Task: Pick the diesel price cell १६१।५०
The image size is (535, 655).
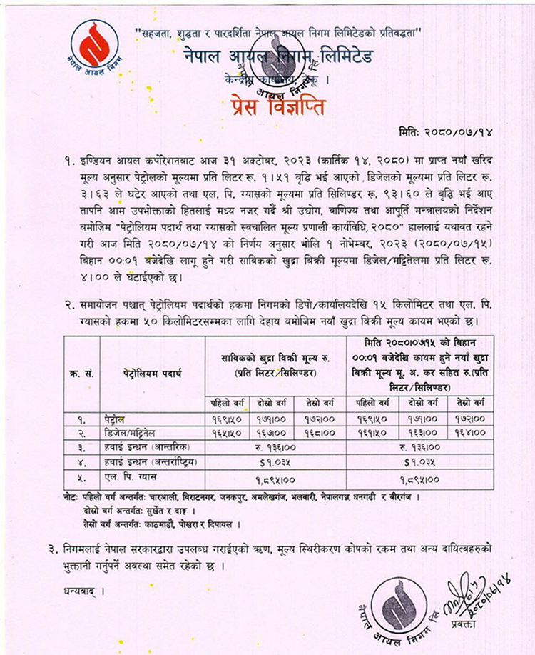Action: click(370, 432)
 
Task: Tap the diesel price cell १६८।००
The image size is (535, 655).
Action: click(322, 432)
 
